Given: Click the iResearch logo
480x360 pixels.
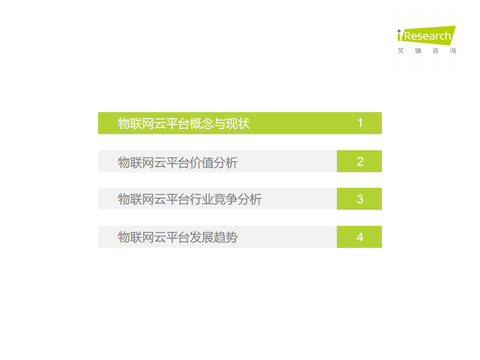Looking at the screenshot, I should (426, 36).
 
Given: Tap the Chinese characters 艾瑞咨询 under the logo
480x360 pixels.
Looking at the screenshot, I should (426, 51).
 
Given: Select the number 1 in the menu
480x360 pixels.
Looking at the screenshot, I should (360, 123).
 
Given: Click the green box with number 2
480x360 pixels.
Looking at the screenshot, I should (359, 161).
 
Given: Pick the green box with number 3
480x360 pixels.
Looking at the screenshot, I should (359, 199).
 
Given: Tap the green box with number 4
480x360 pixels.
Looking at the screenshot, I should (359, 237).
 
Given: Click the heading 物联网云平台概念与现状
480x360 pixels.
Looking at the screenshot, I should (184, 124).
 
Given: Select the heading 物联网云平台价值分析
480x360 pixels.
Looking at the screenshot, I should (178, 162).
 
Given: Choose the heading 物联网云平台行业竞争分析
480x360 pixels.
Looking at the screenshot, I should (190, 199).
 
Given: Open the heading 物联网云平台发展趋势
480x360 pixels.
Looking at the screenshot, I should (178, 237).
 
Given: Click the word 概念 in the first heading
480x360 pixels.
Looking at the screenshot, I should (202, 124).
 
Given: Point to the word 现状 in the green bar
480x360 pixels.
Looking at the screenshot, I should (238, 124).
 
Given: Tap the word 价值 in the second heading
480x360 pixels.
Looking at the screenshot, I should (202, 162).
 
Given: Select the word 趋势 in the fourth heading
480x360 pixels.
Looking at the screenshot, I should (226, 237).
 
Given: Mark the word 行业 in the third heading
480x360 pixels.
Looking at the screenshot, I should (202, 199).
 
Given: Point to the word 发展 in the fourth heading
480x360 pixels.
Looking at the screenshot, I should (202, 237).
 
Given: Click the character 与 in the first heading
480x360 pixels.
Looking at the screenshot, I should (220, 124).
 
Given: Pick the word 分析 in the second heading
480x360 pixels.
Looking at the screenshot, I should (226, 162).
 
